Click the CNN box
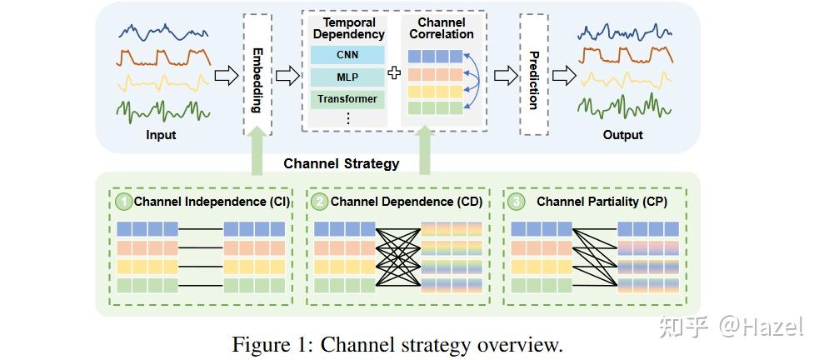pos(347,55)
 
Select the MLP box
pos(347,77)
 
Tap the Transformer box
pos(347,99)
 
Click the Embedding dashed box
pos(257,75)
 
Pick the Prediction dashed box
pos(533,75)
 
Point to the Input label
pos(161,135)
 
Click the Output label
pos(623,135)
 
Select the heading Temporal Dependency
pos(348,29)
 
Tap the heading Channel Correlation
pos(441,29)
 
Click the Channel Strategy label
pos(341,163)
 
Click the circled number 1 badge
pos(124,201)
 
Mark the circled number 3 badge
pos(517,201)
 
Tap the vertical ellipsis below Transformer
pos(347,118)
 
